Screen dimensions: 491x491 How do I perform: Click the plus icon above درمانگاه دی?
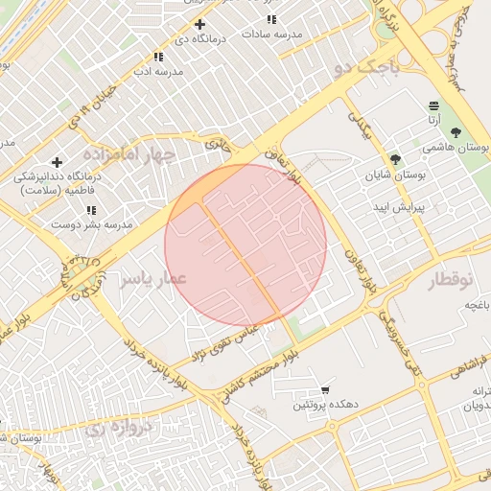coord(199,24)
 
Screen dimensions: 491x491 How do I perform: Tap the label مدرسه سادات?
coord(271,34)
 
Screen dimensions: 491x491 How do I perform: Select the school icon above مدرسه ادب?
coord(158,58)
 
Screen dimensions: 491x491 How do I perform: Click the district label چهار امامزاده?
coord(130,154)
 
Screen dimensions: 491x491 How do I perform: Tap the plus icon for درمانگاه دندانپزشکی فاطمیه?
coord(57,162)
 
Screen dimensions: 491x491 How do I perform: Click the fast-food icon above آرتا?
coord(434,105)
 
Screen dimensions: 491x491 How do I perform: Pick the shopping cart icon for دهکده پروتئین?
coord(326,390)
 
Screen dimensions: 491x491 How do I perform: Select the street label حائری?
coord(218,144)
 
